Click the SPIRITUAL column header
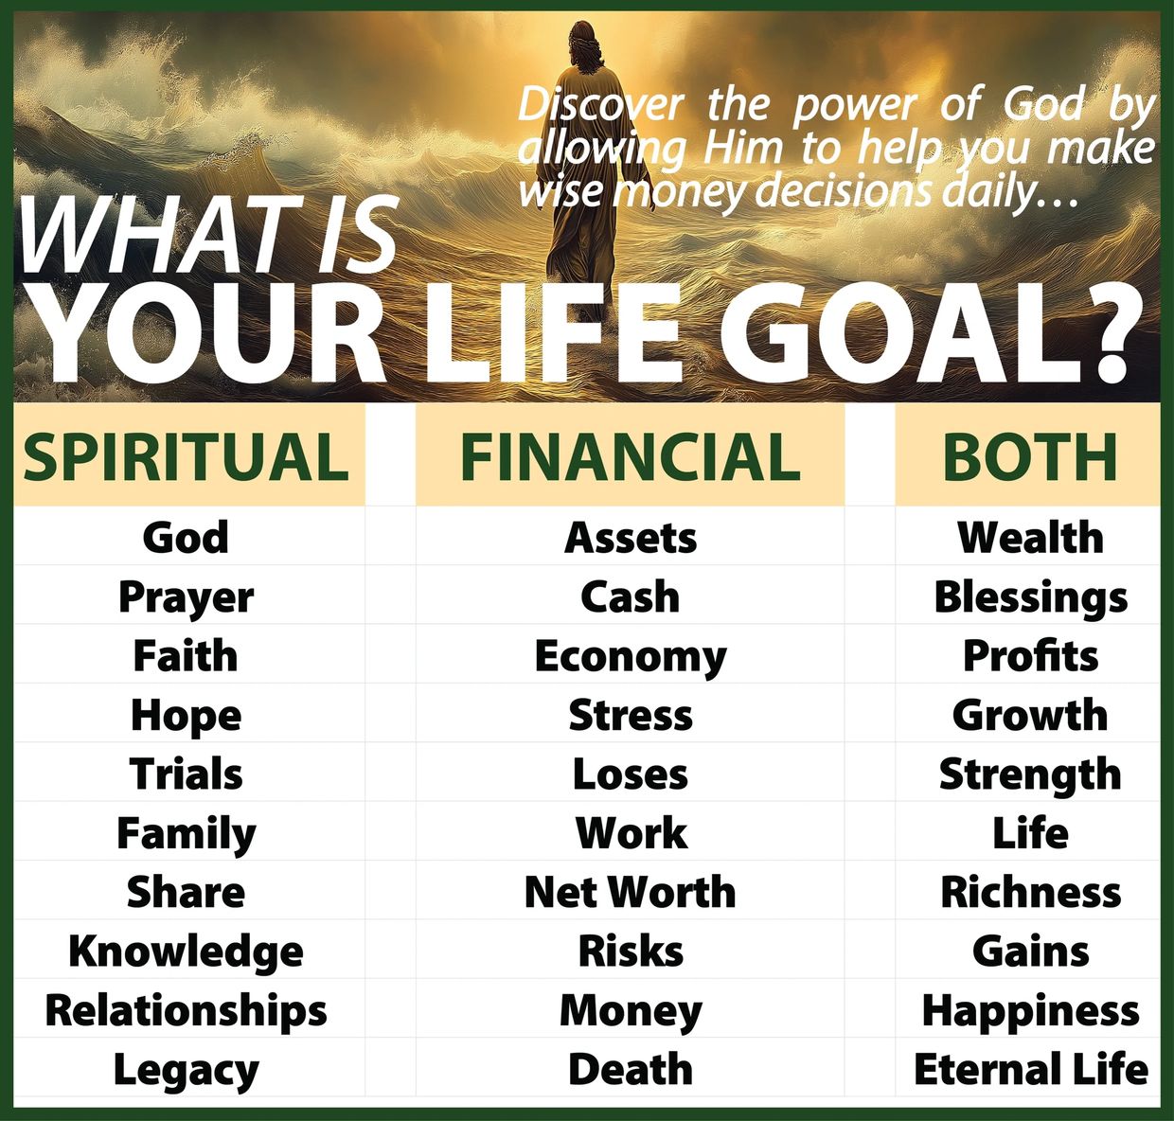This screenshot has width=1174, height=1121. [x=186, y=456]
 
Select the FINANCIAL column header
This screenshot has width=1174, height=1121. [x=630, y=456]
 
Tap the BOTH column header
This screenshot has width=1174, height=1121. [x=1030, y=456]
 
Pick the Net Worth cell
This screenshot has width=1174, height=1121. [x=630, y=892]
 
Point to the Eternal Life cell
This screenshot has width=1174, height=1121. [x=1031, y=1069]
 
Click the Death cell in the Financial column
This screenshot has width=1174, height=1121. [x=631, y=1069]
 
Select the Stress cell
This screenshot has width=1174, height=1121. [x=631, y=716]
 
